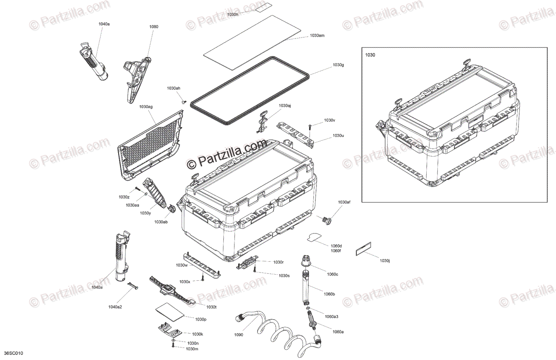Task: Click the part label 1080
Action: tap(154, 27)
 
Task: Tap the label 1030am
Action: tap(317, 36)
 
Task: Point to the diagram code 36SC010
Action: tap(13, 354)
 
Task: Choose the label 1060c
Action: tap(332, 274)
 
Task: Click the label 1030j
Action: tap(385, 261)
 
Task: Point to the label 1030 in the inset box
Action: tap(370, 55)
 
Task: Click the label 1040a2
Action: tap(115, 307)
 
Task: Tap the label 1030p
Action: tap(201, 319)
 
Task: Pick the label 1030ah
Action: tap(174, 88)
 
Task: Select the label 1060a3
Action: tap(332, 316)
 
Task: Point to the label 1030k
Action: tap(197, 334)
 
